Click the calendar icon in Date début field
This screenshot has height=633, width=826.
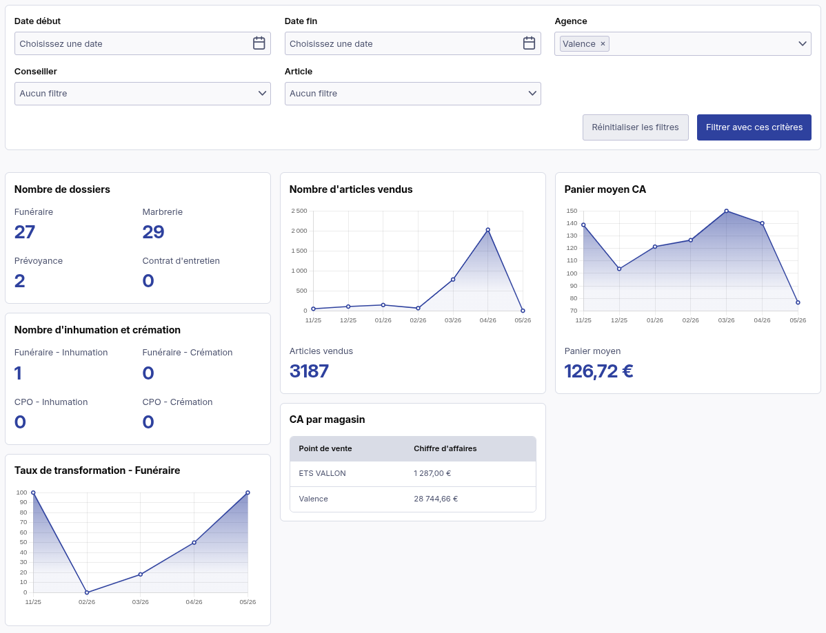coord(259,43)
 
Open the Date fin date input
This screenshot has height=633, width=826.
coord(412,43)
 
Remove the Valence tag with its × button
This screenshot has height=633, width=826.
coord(603,43)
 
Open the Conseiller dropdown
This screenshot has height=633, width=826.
coord(142,94)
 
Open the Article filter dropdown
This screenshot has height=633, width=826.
coord(412,94)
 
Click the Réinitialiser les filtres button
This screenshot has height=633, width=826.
coord(635,127)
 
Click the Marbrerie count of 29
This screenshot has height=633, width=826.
coord(153,232)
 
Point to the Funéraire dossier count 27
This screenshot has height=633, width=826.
coord(25,232)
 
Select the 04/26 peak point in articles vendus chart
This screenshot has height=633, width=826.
coord(487,230)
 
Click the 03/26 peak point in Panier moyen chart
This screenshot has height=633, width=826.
coord(727,211)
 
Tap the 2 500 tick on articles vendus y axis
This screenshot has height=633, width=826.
coord(299,211)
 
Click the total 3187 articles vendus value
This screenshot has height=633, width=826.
coord(309,371)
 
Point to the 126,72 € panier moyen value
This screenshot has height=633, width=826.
coord(598,371)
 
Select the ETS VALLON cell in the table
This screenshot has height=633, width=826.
coord(323,474)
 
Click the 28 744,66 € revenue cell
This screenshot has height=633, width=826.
coord(436,499)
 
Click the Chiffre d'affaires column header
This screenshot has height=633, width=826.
coord(445,449)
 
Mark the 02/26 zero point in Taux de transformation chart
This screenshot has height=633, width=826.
coord(87,592)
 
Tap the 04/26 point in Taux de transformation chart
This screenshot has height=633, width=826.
coord(194,543)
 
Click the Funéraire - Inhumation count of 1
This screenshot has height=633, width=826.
coord(18,373)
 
